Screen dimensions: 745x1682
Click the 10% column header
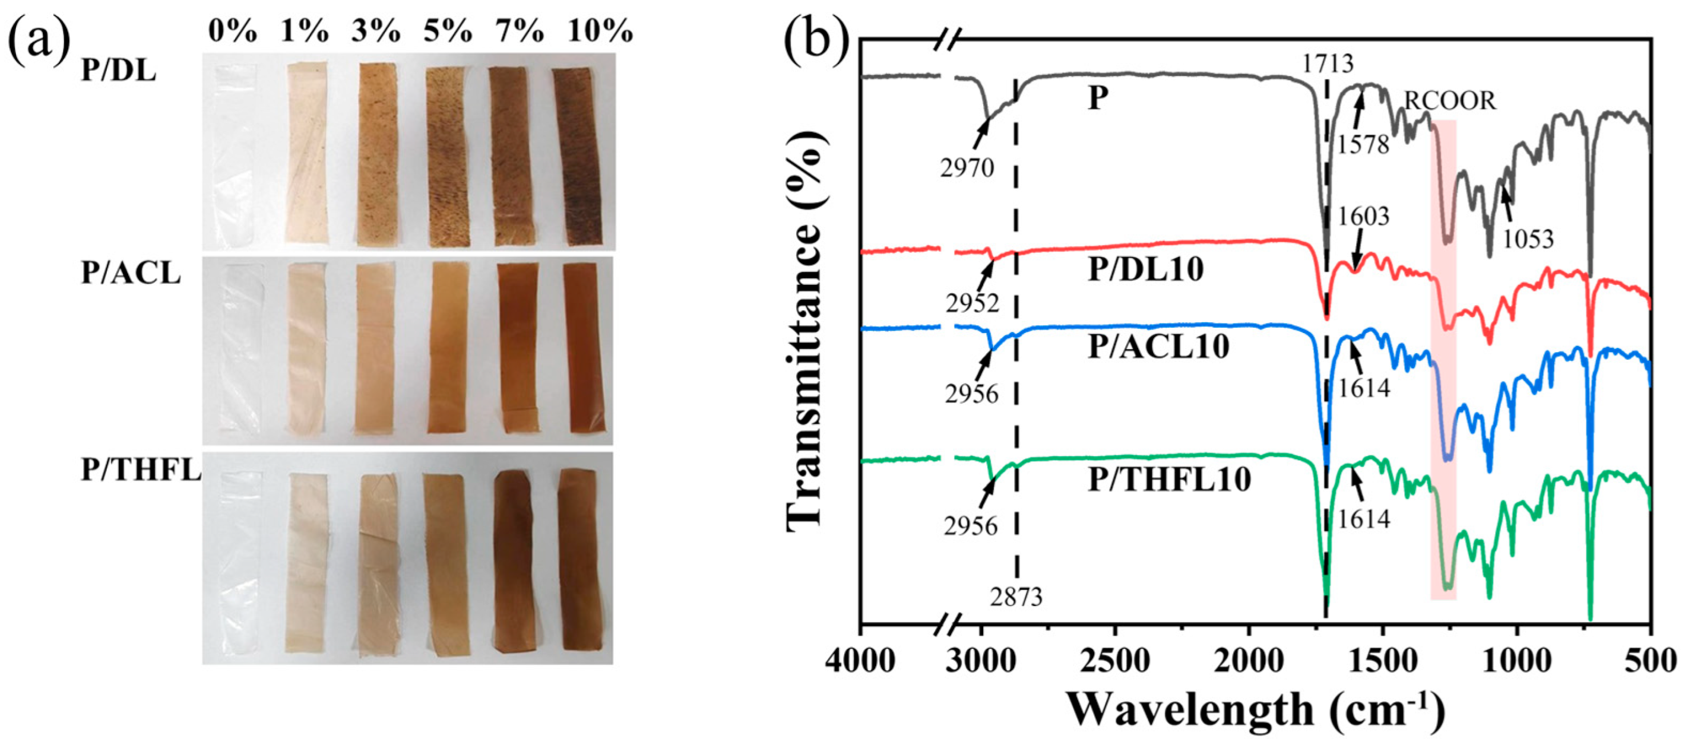(x=600, y=31)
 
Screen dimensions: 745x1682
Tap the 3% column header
(x=375, y=31)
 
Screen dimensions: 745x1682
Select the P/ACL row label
(x=131, y=274)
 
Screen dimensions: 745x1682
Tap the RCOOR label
(x=1449, y=101)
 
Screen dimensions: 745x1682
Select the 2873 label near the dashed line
(x=1016, y=596)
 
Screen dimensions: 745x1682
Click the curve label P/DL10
(x=1145, y=270)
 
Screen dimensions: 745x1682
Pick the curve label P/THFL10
(x=1169, y=479)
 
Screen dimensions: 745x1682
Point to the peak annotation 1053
(x=1528, y=240)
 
